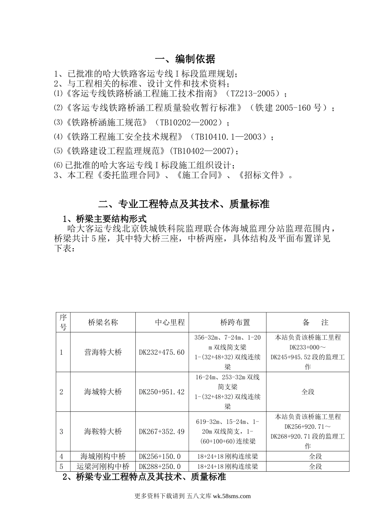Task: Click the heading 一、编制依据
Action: pyautogui.click(x=185, y=59)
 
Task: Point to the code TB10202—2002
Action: pyautogui.click(x=190, y=122)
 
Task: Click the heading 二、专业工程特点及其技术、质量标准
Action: pyautogui.click(x=184, y=204)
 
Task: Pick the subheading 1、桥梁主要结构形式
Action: pyautogui.click(x=105, y=218)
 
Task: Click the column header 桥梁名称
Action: pyautogui.click(x=103, y=322)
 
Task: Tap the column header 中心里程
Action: pyautogui.click(x=170, y=322)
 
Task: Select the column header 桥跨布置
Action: pyautogui.click(x=235, y=322)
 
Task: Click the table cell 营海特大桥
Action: pyautogui.click(x=103, y=352)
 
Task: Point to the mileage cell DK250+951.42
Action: pyautogui.click(x=162, y=392)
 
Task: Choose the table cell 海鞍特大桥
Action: pyautogui.click(x=103, y=431)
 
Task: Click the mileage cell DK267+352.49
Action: pyautogui.click(x=162, y=431)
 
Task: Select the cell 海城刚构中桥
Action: pyautogui.click(x=103, y=456)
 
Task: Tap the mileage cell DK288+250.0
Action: pyautogui.click(x=160, y=467)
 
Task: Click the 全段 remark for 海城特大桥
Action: pyautogui.click(x=308, y=392)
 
